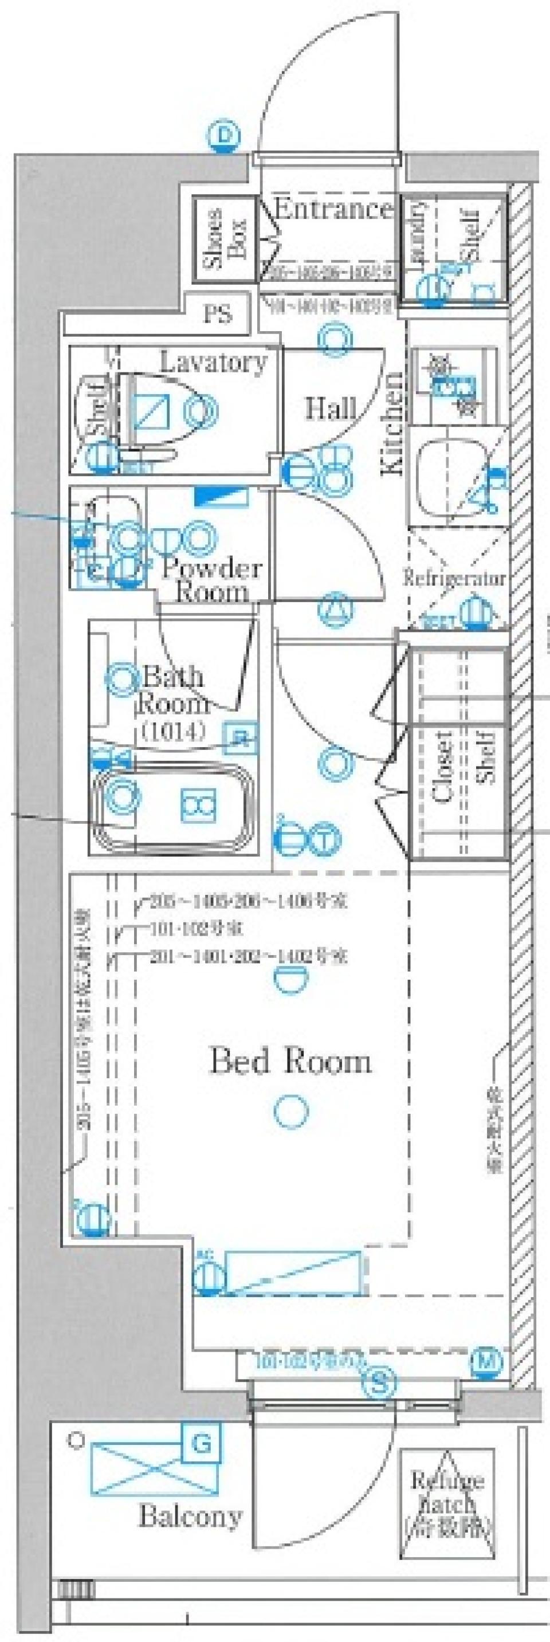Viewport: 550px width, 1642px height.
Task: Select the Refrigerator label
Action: [x=454, y=579]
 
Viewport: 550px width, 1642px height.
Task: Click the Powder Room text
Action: [x=211, y=579]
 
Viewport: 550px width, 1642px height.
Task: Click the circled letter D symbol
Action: [x=223, y=136]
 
